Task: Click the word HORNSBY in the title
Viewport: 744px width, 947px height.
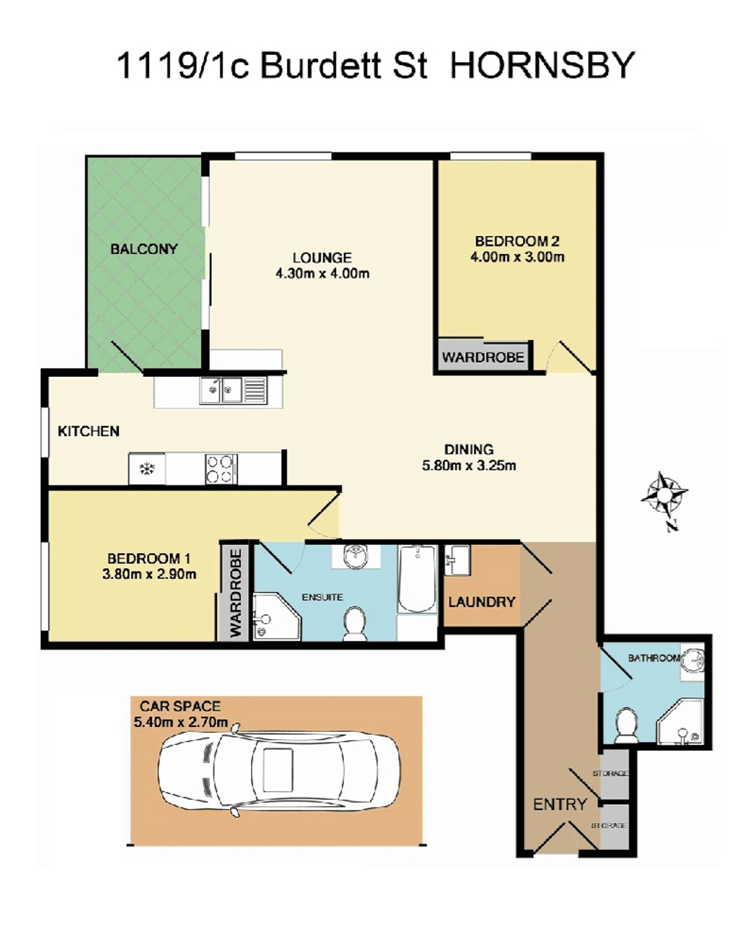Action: click(x=542, y=65)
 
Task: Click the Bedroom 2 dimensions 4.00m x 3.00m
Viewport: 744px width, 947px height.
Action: click(x=517, y=257)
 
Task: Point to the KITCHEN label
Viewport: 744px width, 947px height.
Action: click(x=88, y=431)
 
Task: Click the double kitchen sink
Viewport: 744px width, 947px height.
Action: click(x=221, y=391)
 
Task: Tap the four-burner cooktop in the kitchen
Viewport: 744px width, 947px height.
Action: click(x=221, y=469)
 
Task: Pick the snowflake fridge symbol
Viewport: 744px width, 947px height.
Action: click(x=147, y=469)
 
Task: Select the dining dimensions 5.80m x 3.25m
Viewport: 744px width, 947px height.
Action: click(x=469, y=466)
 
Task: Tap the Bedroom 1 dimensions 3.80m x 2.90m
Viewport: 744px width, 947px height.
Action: click(x=149, y=574)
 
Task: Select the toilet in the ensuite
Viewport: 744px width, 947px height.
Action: click(x=355, y=624)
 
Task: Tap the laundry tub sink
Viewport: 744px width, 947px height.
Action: click(x=457, y=560)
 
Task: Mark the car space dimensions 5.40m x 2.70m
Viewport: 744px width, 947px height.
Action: click(x=181, y=722)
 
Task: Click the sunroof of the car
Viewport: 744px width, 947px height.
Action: click(x=278, y=770)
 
